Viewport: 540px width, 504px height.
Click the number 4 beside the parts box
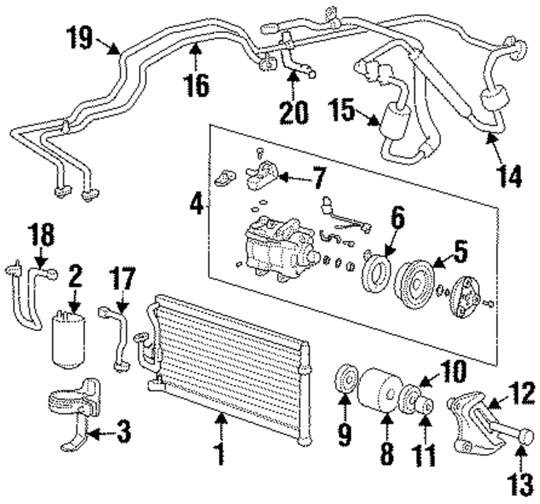click(x=197, y=204)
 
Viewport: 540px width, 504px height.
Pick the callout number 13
click(x=521, y=485)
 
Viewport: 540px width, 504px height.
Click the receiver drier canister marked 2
click(x=69, y=340)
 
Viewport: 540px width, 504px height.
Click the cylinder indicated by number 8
click(x=381, y=391)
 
